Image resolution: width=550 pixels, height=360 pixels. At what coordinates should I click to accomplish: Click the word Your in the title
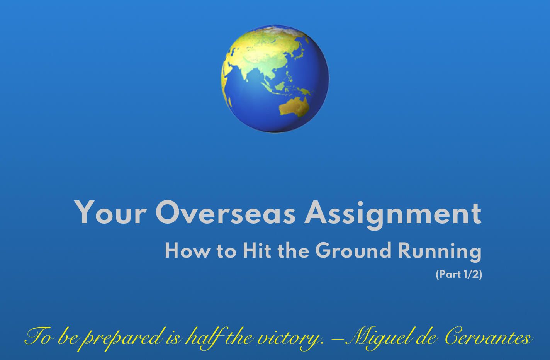[110, 213]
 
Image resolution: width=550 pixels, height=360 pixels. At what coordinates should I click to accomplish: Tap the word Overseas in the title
[225, 213]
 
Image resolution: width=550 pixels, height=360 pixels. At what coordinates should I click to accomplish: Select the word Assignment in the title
[393, 214]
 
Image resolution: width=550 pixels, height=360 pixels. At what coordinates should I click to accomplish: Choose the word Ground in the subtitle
[353, 251]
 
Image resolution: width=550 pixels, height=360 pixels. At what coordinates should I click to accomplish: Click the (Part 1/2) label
[459, 274]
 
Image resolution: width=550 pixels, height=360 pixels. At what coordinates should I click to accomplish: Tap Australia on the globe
[294, 106]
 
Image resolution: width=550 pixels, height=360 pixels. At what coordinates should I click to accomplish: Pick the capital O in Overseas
[168, 213]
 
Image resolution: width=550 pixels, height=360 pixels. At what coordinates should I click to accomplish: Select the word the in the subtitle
[293, 251]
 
